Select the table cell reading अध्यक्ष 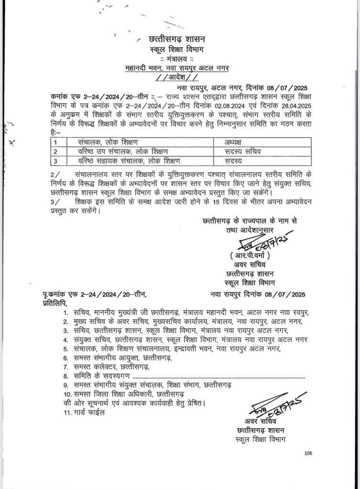[235, 142]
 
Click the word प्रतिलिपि [52, 303]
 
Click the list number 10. [67, 394]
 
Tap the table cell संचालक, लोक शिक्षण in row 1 [107, 142]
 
